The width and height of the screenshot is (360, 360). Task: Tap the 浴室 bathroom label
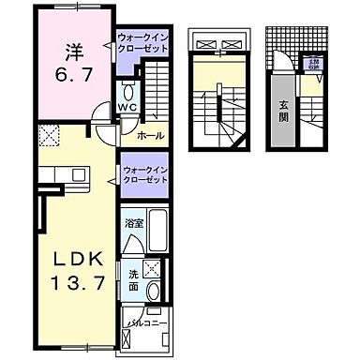[x=134, y=224]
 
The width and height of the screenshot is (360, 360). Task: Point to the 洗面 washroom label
[x=134, y=279]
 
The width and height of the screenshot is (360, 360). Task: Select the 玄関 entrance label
[x=282, y=117]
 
